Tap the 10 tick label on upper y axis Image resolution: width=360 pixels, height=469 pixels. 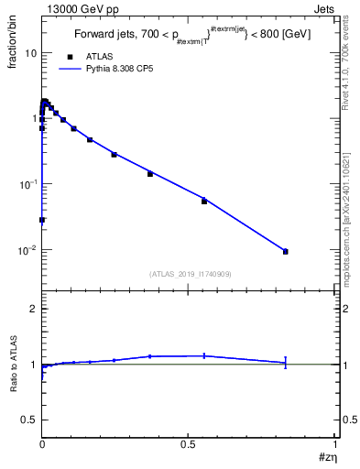[29, 53]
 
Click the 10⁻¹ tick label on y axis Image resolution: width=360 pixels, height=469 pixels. [26, 184]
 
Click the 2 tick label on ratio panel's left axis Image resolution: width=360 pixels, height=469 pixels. [32, 310]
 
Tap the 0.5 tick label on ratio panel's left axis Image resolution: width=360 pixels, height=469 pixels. [28, 420]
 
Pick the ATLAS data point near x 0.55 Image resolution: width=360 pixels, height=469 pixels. [204, 201]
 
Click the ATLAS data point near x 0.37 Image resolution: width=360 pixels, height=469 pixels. [150, 173]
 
